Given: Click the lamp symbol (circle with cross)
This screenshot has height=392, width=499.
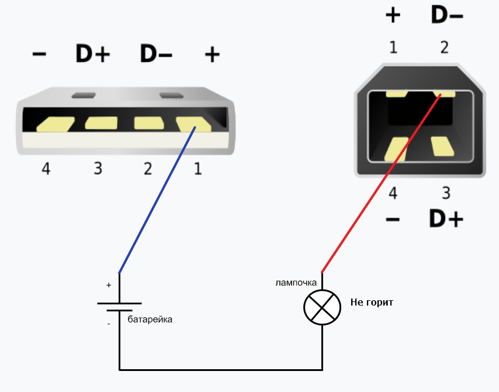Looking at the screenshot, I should [x=322, y=307].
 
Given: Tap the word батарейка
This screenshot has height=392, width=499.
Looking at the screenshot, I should [x=150, y=320].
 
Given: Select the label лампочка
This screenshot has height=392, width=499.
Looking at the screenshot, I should [x=296, y=283].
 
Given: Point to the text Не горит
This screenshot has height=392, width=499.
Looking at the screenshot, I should [x=372, y=303].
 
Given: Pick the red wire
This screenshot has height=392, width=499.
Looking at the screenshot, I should [x=380, y=184].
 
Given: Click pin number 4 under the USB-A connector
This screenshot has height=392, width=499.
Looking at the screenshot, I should [x=46, y=169].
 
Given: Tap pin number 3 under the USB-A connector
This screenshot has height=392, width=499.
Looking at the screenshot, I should [x=98, y=169].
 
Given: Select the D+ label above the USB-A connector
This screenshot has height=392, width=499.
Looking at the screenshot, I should [x=93, y=54].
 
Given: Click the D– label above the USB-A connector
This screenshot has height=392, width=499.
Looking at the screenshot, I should [x=156, y=54].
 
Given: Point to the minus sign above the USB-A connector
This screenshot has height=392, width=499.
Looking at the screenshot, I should [x=39, y=54].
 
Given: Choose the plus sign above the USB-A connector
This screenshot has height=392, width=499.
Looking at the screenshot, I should [x=212, y=55].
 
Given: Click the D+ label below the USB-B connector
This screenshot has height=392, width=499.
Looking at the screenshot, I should [x=446, y=219].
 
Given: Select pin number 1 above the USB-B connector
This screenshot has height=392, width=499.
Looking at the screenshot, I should [x=393, y=47].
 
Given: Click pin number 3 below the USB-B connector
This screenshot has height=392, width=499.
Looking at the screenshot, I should [x=446, y=193].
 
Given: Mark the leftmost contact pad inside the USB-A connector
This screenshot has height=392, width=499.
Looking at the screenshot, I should [x=55, y=124].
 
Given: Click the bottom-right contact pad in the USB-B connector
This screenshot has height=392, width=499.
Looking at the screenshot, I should [x=442, y=146].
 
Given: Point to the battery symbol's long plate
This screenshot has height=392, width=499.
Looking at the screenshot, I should [x=119, y=304].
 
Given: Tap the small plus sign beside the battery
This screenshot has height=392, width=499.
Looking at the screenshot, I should [x=109, y=286].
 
